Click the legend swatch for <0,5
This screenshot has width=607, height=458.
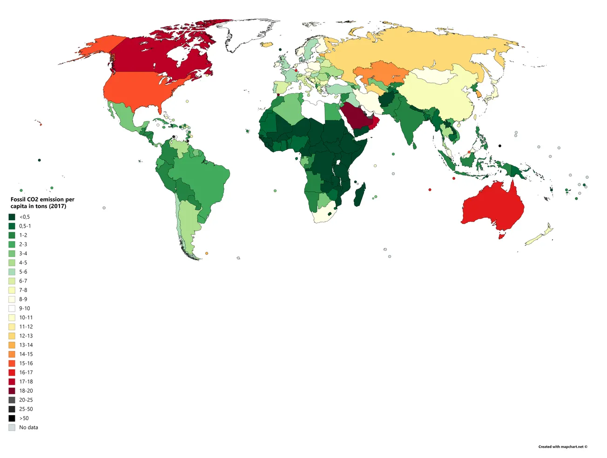tap(12, 217)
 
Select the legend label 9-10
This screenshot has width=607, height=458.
tap(25, 309)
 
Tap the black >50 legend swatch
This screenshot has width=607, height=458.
tap(12, 418)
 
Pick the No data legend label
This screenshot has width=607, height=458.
tap(28, 427)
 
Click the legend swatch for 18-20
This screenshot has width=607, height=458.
tap(12, 391)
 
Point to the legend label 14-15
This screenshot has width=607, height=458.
tap(26, 354)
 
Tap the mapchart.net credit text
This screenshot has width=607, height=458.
tap(563, 447)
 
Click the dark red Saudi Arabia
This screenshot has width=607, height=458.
tap(356, 116)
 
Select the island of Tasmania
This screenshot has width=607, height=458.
tap(501, 236)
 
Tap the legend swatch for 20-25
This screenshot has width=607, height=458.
tap(12, 400)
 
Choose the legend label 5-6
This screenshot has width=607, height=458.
tap(23, 272)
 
